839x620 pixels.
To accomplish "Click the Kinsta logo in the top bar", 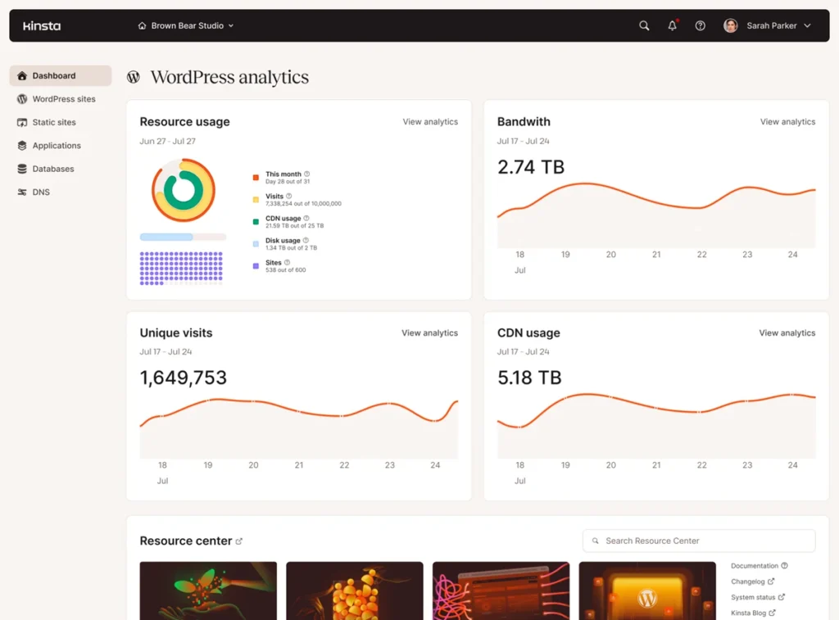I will click(42, 25).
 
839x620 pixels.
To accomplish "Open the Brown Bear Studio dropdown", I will click(186, 25).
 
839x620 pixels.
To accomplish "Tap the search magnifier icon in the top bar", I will click(644, 25).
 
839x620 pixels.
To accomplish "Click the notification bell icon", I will click(672, 25).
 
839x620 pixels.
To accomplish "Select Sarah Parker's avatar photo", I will click(730, 25).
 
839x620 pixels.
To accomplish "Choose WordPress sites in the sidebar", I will click(63, 99).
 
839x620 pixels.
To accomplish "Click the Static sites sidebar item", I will click(54, 122).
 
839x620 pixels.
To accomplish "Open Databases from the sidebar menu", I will click(53, 169).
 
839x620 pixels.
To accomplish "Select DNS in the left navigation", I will click(41, 192).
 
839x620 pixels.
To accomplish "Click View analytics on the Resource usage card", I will click(430, 122).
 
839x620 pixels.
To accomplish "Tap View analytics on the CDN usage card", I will click(787, 333).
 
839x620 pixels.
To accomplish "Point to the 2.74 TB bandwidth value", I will click(531, 167).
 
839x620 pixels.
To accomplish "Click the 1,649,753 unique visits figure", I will click(184, 378).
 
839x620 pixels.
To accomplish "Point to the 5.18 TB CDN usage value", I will click(529, 378).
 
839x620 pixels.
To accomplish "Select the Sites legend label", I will click(274, 263).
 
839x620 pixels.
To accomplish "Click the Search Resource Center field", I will click(699, 541).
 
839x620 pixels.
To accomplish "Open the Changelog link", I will click(748, 582).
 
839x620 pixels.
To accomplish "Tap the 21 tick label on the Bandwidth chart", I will click(656, 255).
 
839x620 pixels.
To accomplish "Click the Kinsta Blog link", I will click(749, 613).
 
